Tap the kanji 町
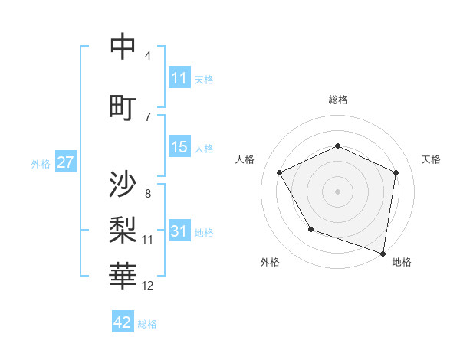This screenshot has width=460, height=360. [123, 106]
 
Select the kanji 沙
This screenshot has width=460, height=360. [123, 184]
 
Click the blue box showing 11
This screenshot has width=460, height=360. [179, 78]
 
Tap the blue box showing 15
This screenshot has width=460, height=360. [179, 147]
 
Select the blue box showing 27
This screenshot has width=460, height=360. [65, 162]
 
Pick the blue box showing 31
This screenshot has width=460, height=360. [179, 231]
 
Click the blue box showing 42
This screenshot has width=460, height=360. [123, 322]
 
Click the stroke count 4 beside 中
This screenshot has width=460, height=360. [147, 56]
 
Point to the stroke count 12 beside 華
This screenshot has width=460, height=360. [148, 286]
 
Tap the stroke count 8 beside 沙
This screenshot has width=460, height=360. [147, 194]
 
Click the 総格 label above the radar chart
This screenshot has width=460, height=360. [338, 100]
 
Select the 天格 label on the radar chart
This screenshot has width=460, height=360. [431, 159]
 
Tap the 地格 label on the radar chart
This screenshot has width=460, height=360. [402, 262]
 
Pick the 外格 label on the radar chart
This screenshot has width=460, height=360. [270, 262]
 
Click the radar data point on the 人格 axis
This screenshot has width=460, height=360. [280, 172]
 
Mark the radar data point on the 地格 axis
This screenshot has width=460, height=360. [383, 252]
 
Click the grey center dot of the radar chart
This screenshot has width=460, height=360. [337, 191]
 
